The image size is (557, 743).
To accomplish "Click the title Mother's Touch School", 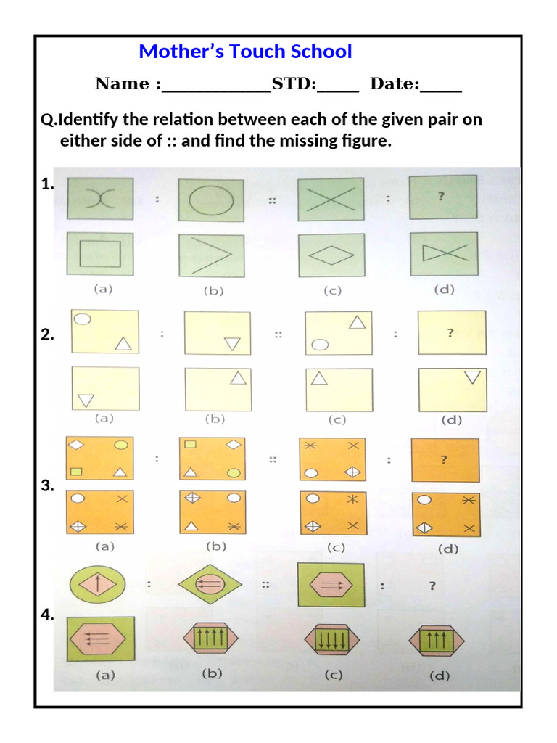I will (x=245, y=52).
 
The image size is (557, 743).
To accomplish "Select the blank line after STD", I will (x=337, y=86).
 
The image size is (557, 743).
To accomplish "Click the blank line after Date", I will (x=441, y=86).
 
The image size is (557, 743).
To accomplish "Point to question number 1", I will (x=48, y=185).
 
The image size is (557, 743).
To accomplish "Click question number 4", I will (x=48, y=615).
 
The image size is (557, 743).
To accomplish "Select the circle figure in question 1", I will (x=211, y=199).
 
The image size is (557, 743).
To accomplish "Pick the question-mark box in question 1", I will (x=443, y=197).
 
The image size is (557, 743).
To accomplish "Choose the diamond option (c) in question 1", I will (x=329, y=255).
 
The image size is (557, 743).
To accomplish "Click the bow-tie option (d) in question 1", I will (x=443, y=254).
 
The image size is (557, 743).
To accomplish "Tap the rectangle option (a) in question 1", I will (x=100, y=254).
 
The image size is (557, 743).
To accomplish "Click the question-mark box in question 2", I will (x=451, y=332).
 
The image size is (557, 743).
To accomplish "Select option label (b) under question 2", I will (x=215, y=419).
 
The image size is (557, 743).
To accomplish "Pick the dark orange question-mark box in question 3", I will (x=445, y=459).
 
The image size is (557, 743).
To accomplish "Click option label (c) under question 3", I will (x=335, y=548).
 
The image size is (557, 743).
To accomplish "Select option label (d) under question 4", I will (x=439, y=676).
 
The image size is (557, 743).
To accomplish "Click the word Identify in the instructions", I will (x=90, y=119).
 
